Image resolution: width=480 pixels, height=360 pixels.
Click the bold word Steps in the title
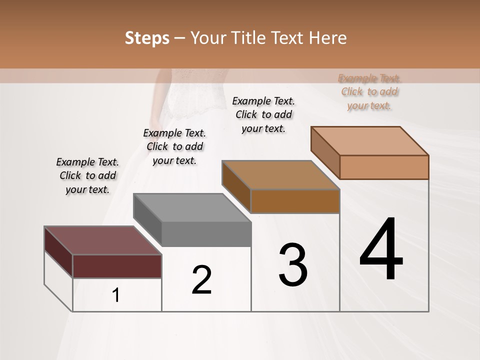[x=147, y=38]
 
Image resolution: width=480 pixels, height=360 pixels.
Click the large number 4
[x=381, y=249]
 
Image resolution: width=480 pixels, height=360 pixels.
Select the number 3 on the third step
[x=293, y=265]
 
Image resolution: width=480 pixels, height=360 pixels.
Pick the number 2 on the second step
[x=202, y=280]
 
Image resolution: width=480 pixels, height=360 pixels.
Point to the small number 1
[x=116, y=295]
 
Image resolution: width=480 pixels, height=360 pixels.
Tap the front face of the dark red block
[x=117, y=266]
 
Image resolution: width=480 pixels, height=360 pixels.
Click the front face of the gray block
[x=206, y=234]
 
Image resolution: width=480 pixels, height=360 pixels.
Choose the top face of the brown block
[x=280, y=175]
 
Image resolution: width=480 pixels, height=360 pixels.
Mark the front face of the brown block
[x=295, y=201]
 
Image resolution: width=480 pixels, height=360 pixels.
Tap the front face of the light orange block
[x=384, y=167]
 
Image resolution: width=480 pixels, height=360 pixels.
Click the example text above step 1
[x=87, y=175]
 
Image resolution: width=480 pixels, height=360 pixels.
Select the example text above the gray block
[x=174, y=146]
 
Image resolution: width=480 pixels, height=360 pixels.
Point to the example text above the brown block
[x=263, y=114]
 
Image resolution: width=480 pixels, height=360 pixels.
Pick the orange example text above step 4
[x=369, y=91]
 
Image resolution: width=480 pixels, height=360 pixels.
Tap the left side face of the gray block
[x=147, y=220]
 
